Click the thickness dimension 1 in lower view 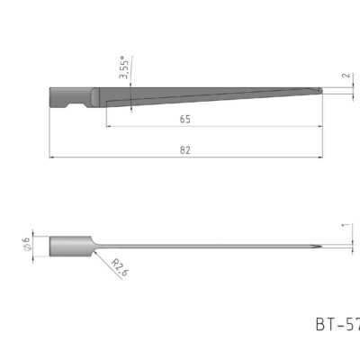click(x=345, y=226)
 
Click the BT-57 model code click(x=337, y=323)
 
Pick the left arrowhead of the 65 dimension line click(x=109, y=125)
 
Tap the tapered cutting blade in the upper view click(x=207, y=93)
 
